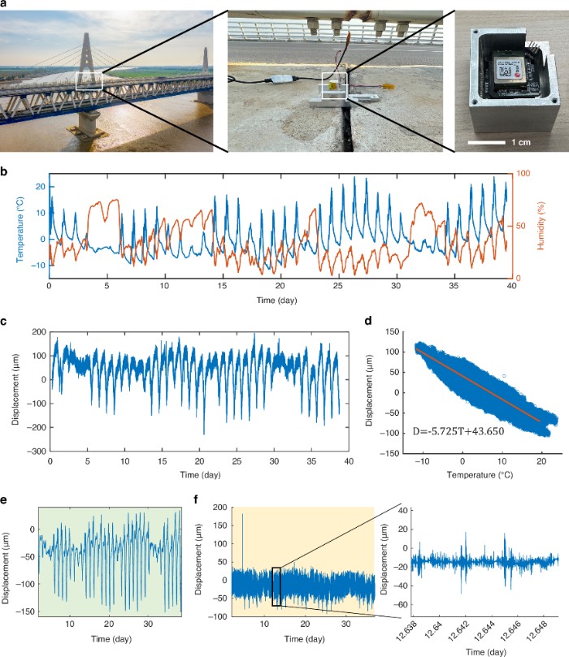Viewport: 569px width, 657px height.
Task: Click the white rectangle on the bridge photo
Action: pyautogui.click(x=89, y=80)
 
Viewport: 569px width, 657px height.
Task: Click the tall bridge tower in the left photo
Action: pyautogui.click(x=87, y=49)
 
